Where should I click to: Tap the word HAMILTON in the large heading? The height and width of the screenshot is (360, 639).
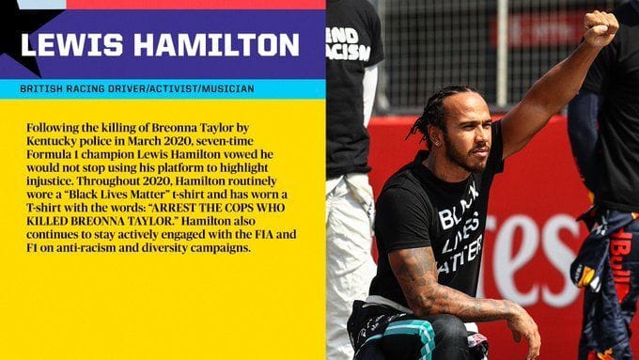pos(207,44)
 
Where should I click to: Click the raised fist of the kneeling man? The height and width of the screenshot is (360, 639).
pos(599,28)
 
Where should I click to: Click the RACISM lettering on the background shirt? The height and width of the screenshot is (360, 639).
pos(350,51)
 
